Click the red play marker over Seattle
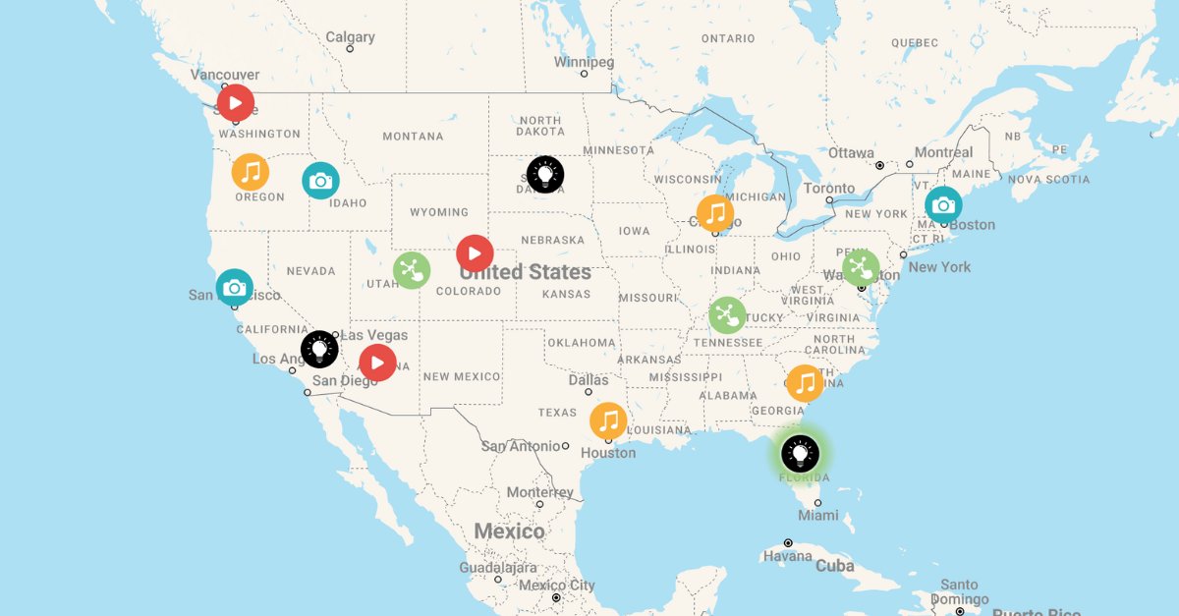(236, 102)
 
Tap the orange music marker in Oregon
(251, 172)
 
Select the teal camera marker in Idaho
(320, 181)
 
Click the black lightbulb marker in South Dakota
(545, 175)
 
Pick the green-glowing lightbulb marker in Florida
(801, 454)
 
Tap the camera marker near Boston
(943, 205)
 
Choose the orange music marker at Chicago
(715, 213)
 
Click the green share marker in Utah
(412, 270)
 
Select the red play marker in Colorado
(475, 253)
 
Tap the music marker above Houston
(608, 421)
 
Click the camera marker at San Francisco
(235, 288)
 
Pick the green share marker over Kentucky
(727, 315)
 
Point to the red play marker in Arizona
(377, 363)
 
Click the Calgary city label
(350, 37)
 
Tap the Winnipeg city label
(584, 62)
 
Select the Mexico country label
(509, 532)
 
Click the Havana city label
(789, 557)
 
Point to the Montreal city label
(943, 152)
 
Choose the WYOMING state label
(439, 212)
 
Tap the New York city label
(939, 267)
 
